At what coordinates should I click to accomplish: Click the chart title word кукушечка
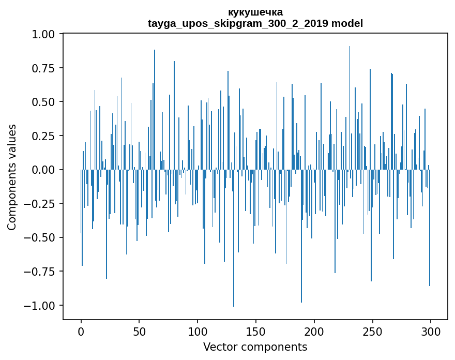[255, 12]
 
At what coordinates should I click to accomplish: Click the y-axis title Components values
[12, 177]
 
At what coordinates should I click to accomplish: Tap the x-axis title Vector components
[255, 347]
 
